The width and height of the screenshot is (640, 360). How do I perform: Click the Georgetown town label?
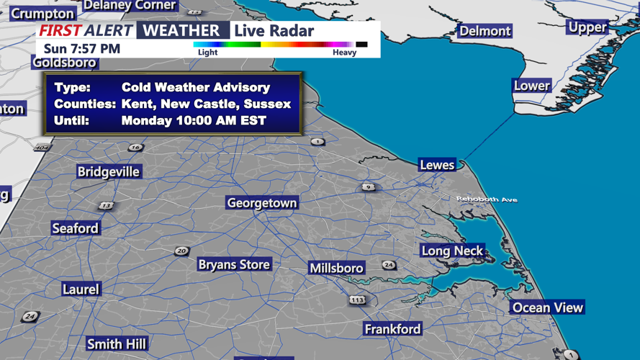click(261, 203)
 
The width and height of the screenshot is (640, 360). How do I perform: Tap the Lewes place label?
click(437, 165)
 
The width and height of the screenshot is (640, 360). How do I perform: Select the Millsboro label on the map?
click(336, 268)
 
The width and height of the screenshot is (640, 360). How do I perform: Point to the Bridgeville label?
click(109, 171)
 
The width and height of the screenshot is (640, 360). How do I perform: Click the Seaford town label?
click(75, 228)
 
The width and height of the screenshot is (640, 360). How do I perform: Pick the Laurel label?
click(81, 289)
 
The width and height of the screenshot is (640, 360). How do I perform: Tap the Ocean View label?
click(547, 307)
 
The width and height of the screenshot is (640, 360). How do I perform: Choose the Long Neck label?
click(452, 251)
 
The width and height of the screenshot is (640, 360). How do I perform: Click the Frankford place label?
click(392, 328)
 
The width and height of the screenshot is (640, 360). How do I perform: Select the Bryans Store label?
click(234, 264)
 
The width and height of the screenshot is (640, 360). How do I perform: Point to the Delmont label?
click(485, 31)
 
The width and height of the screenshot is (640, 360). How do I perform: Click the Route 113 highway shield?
click(357, 300)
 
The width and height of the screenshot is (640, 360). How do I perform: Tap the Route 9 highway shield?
click(369, 187)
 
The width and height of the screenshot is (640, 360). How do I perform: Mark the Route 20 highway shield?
click(181, 251)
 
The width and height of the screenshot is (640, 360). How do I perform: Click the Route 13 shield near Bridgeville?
click(106, 206)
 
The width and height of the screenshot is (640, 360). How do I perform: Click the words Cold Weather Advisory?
click(196, 87)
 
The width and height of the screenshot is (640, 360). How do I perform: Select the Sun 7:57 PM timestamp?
click(82, 49)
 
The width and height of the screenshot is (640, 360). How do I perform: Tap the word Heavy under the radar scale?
click(344, 53)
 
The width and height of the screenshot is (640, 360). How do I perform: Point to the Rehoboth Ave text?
click(487, 199)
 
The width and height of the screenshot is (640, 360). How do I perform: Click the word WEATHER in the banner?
click(182, 30)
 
